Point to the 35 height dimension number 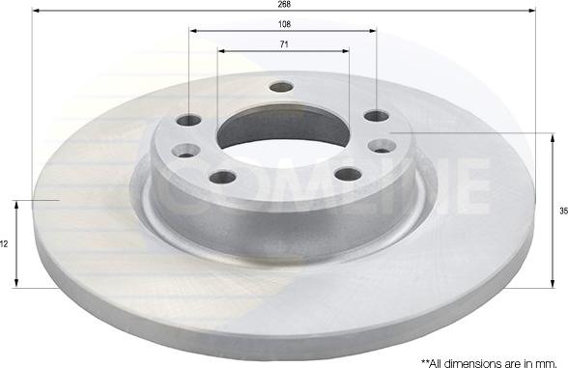click(x=562, y=210)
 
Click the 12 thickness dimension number click(x=5, y=244)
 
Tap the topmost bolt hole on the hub click(x=281, y=87)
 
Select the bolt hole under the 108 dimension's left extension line click(x=189, y=120)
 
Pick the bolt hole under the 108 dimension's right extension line click(x=377, y=116)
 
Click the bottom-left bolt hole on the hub click(x=222, y=176)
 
